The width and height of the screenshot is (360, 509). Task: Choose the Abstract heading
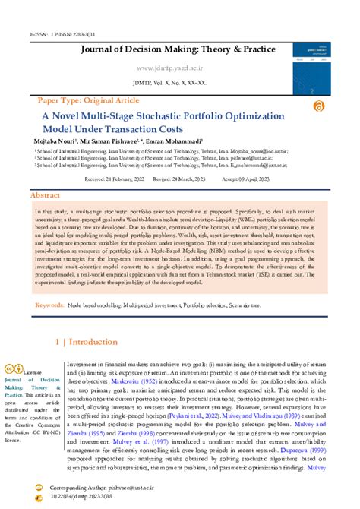pos(45,195)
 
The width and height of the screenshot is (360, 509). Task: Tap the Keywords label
pos(50,305)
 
